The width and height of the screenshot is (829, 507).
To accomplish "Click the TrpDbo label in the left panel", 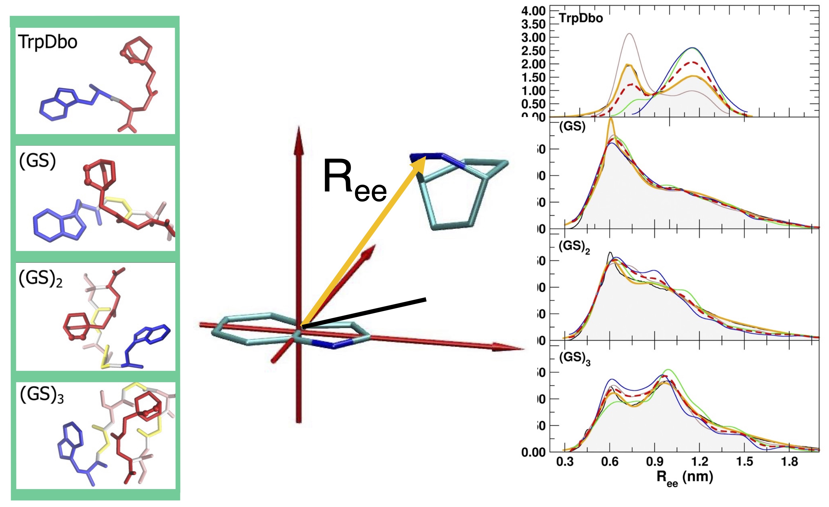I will (x=48, y=42).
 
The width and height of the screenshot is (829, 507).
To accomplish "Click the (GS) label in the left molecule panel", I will (x=37, y=161).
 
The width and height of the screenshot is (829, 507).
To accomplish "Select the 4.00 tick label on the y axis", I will (x=533, y=11).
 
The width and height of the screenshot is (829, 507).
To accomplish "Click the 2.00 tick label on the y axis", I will (x=533, y=64).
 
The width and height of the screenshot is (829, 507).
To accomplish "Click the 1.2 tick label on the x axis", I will (x=699, y=462).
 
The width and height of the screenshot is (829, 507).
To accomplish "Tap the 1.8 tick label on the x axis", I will (x=789, y=462).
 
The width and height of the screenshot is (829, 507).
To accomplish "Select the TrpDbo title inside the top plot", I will (x=581, y=18).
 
